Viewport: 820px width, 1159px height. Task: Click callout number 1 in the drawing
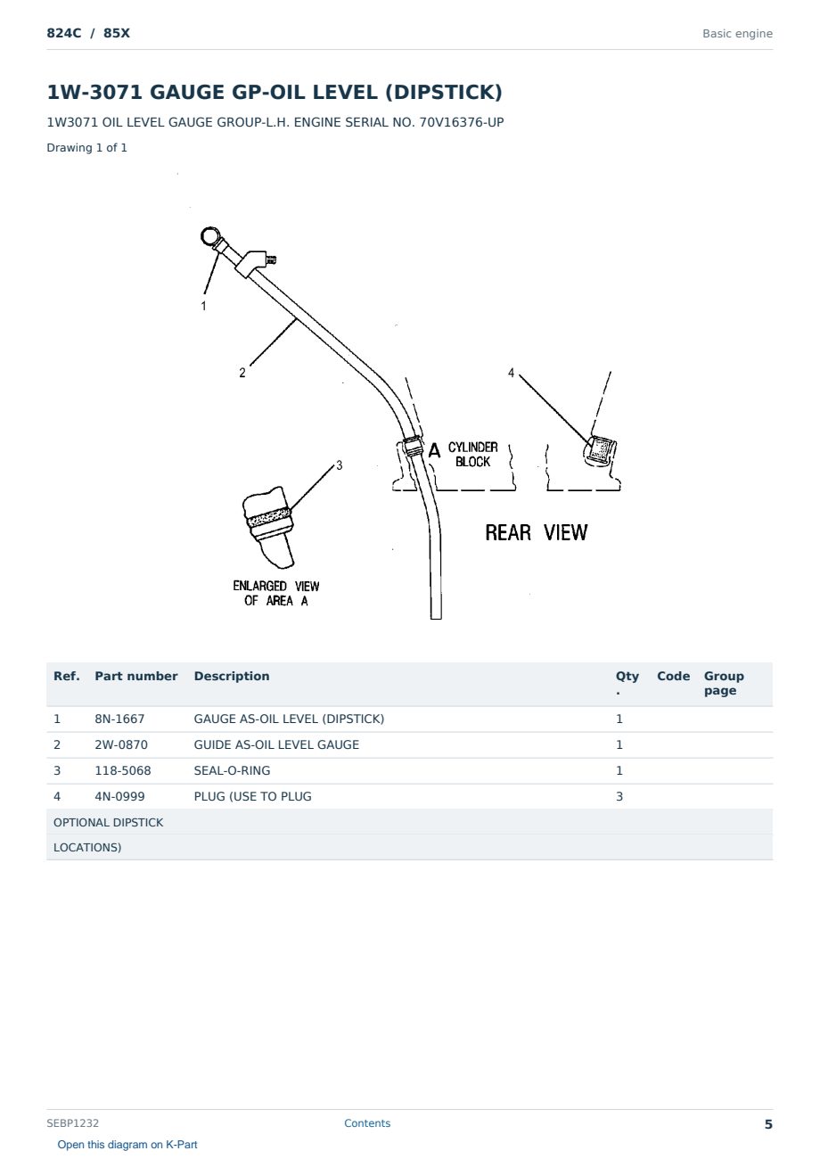203,306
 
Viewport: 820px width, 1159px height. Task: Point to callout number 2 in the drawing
242,373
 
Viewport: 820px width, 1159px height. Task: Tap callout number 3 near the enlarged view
340,465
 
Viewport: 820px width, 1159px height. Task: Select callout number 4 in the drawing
511,373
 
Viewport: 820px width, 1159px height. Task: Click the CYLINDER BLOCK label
473,455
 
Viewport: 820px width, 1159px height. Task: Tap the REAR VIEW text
536,532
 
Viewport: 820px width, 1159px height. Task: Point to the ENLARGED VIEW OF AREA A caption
275,593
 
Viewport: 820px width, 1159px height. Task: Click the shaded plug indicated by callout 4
601,449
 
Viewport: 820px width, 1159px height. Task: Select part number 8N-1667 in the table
119,719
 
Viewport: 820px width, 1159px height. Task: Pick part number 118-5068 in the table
123,770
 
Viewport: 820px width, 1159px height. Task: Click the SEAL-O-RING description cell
232,770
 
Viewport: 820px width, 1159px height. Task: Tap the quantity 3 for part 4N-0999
619,796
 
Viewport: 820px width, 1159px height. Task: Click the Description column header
232,676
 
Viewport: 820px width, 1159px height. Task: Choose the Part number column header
136,676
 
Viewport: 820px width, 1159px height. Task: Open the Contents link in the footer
367,1122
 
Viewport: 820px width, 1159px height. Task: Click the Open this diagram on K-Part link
127,1144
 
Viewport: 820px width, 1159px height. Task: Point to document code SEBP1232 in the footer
72,1122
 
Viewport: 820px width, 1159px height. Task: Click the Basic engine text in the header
737,34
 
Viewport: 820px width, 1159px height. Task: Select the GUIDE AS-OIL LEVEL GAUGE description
276,744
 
